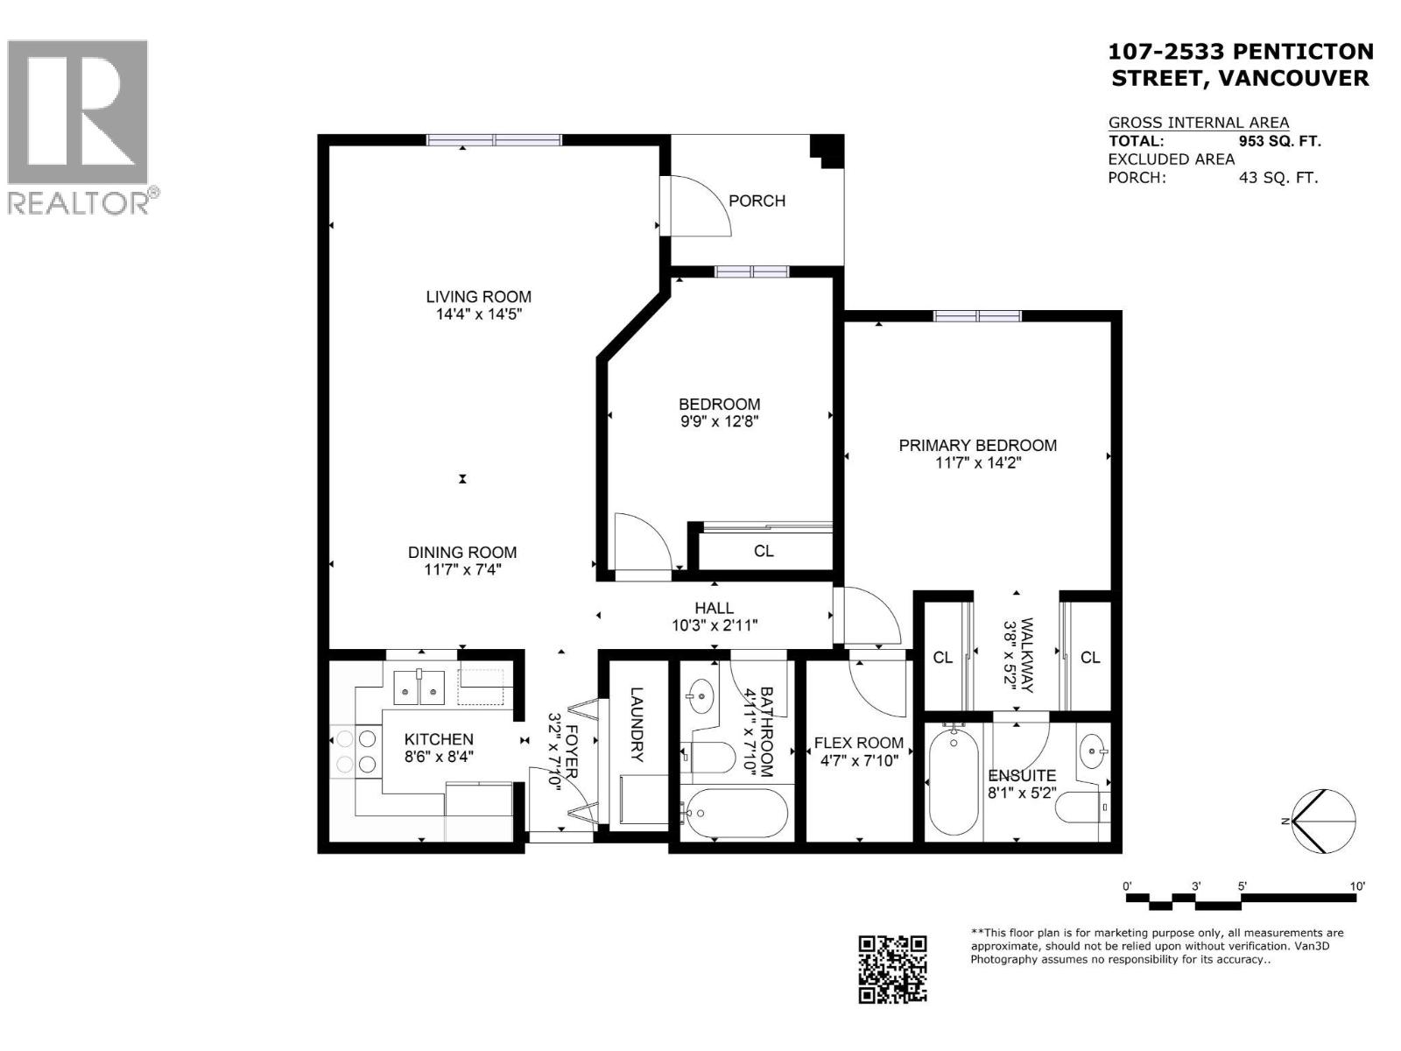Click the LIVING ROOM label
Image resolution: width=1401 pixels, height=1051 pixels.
click(478, 297)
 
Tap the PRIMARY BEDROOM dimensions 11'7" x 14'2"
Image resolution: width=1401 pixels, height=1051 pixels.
click(978, 462)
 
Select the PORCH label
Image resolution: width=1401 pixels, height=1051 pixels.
click(757, 201)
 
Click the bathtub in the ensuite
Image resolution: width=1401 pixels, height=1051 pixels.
click(953, 782)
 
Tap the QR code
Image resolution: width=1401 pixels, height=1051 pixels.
click(891, 968)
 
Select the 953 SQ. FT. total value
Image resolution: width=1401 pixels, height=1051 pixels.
click(1279, 141)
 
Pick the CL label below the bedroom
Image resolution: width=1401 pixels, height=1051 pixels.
click(764, 551)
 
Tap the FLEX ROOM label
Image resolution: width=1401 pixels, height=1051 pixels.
click(857, 743)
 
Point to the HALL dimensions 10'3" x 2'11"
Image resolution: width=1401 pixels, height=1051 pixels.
click(714, 625)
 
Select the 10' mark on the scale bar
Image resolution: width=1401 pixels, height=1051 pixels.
click(1356, 886)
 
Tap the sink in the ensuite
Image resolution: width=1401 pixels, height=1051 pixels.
click(1094, 751)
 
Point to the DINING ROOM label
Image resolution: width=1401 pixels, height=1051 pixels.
click(461, 552)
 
